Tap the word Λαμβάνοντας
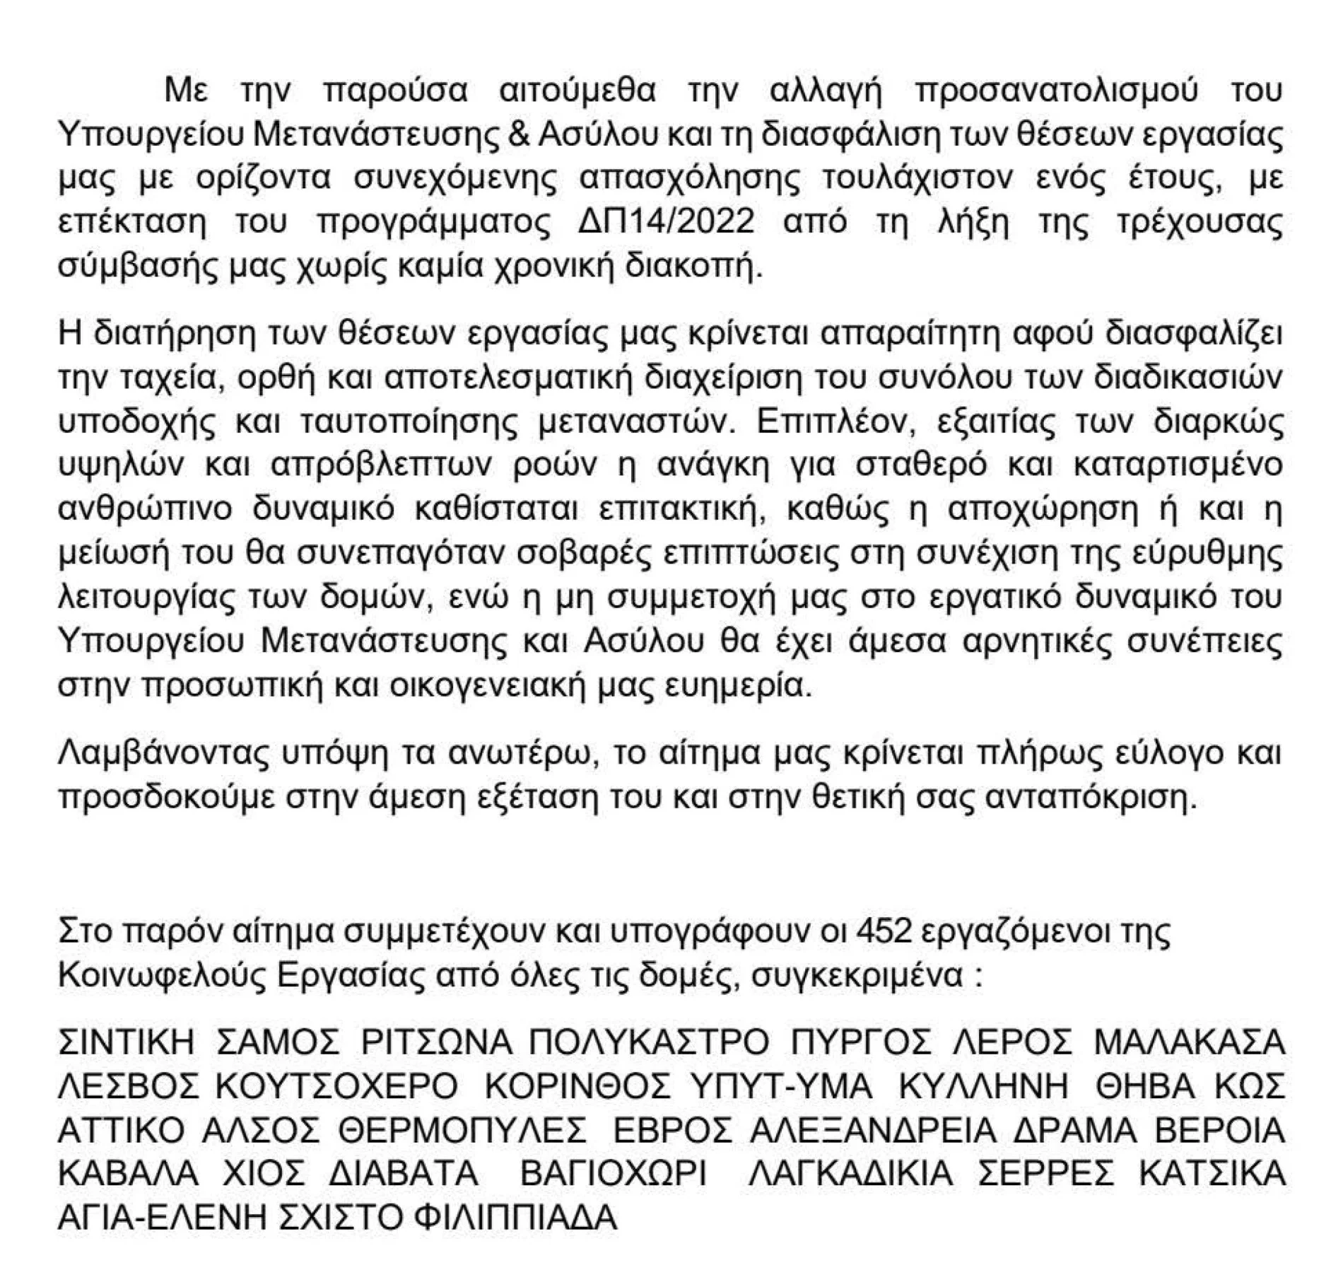coord(167,754)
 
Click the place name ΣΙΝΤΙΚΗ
coord(125,1042)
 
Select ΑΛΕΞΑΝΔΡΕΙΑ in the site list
coord(872,1129)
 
